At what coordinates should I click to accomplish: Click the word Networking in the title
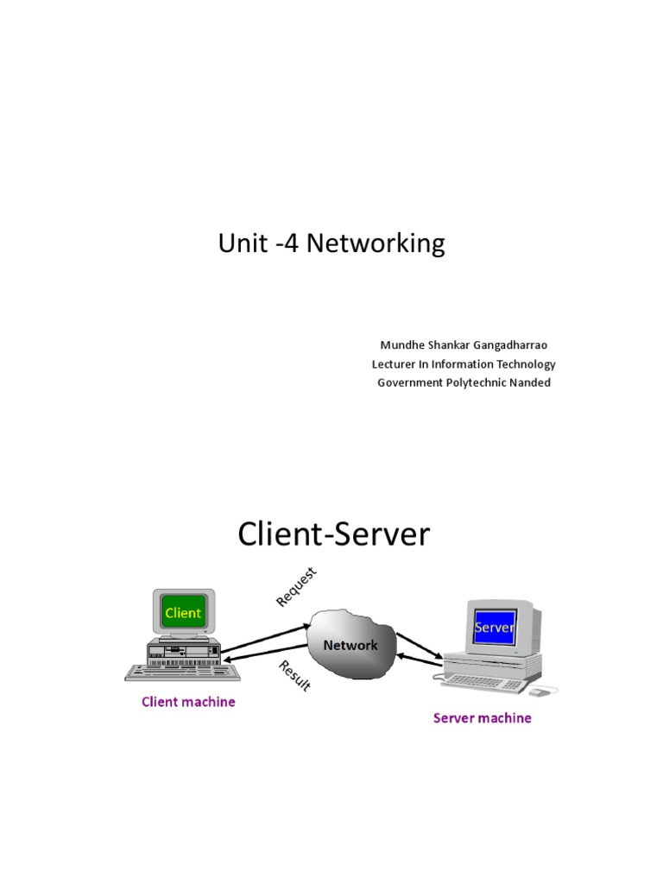(376, 244)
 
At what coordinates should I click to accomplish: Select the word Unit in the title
(238, 244)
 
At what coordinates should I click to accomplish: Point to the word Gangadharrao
(510, 345)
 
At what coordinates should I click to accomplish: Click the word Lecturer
(395, 364)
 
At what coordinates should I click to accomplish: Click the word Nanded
(529, 382)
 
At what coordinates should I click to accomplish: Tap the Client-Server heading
(332, 534)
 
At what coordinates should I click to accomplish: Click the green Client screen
(182, 613)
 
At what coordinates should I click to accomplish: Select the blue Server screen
(494, 628)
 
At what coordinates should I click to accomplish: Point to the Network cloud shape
(350, 646)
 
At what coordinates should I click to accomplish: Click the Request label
(296, 586)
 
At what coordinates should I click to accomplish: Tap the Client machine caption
(188, 702)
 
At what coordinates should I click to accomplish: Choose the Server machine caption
(482, 717)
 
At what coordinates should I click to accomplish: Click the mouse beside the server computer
(537, 692)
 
